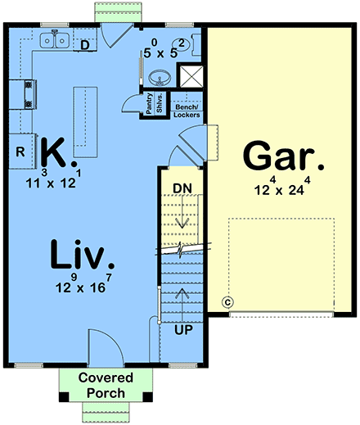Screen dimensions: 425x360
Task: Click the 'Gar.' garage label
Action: pyautogui.click(x=277, y=156)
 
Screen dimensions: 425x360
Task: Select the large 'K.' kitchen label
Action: pyautogui.click(x=58, y=152)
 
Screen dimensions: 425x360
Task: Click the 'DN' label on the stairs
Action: pyautogui.click(x=182, y=188)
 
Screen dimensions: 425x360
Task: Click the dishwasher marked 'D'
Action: pyautogui.click(x=86, y=45)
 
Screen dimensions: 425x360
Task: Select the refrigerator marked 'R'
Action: pyautogui.click(x=21, y=151)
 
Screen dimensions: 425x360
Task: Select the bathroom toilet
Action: pyautogui.click(x=184, y=44)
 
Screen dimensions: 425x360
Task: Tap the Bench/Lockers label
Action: pyautogui.click(x=187, y=111)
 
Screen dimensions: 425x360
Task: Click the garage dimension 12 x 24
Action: pyautogui.click(x=279, y=189)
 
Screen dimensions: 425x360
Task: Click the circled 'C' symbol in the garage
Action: pyautogui.click(x=228, y=301)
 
